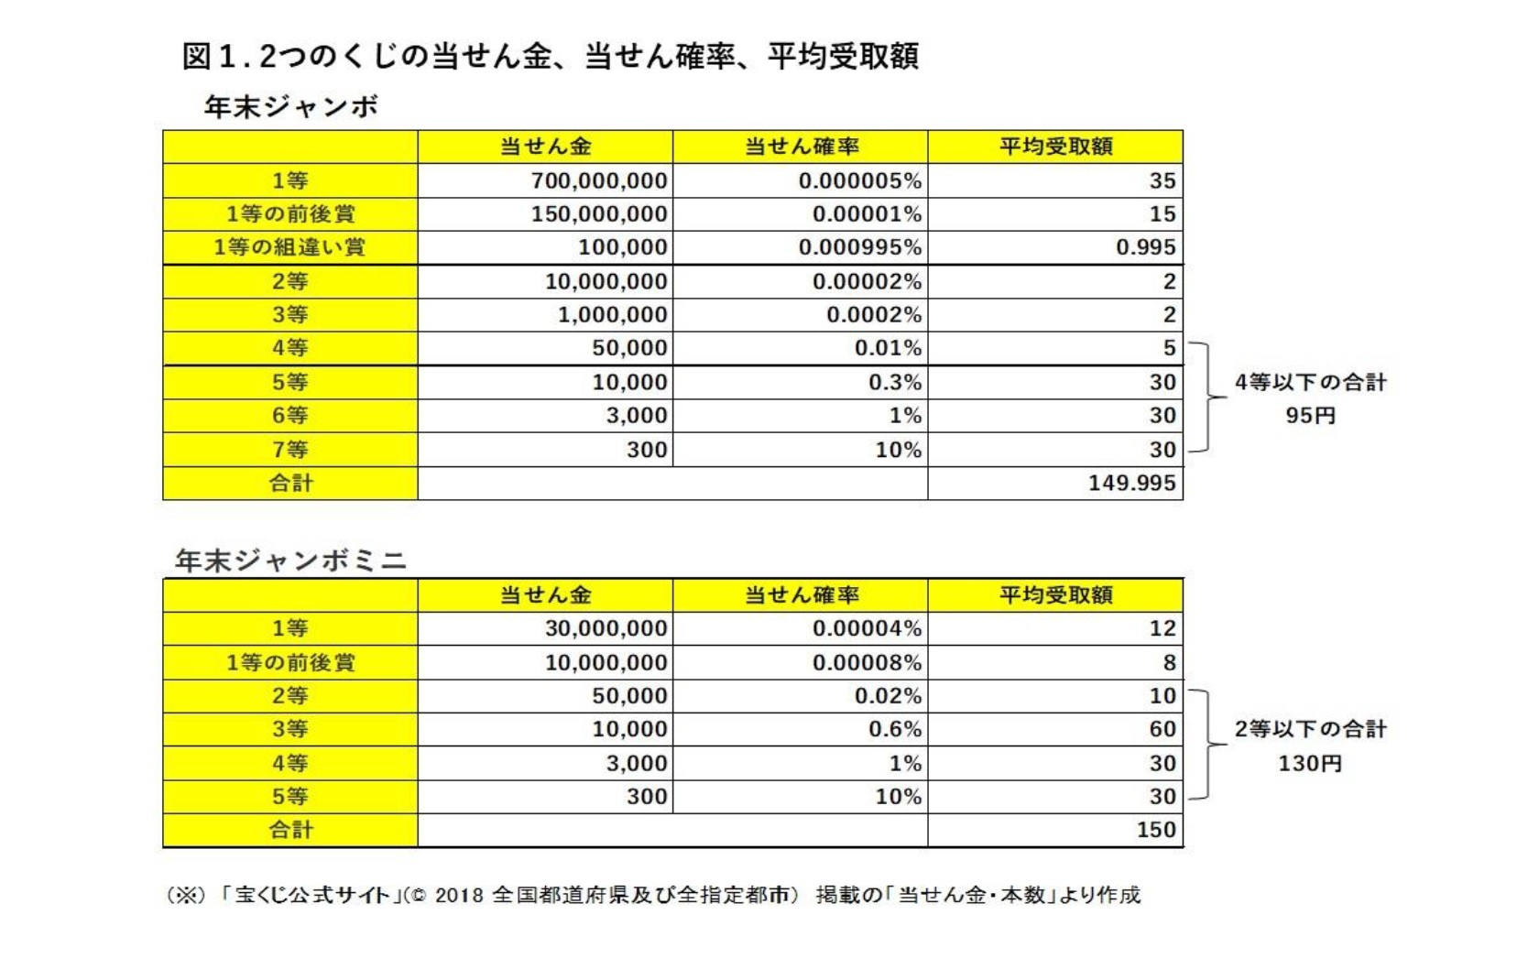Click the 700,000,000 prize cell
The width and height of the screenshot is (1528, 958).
point(599,180)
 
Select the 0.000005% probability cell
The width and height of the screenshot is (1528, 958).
point(859,180)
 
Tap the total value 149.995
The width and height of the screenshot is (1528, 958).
point(1131,483)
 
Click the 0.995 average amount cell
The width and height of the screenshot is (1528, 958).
point(1145,247)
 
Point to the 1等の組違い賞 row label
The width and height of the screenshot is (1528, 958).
point(289,247)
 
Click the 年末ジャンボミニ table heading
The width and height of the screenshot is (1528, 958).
point(290,561)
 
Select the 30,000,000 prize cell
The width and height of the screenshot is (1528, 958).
point(606,628)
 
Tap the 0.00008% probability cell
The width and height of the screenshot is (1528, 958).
point(867,662)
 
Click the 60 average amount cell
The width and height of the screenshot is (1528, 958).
point(1162,729)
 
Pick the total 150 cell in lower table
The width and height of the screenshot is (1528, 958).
point(1155,830)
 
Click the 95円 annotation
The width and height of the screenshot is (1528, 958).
point(1310,416)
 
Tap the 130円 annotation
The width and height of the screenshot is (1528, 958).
point(1310,763)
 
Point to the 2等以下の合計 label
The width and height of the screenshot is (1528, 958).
point(1310,729)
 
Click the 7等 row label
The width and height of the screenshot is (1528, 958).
point(289,450)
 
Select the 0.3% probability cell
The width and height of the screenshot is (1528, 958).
point(895,382)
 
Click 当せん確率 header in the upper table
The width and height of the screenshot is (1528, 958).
point(801,147)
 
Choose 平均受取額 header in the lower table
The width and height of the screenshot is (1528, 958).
point(1055,595)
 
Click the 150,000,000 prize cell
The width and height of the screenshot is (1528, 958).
point(599,214)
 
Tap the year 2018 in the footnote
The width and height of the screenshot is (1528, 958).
point(458,895)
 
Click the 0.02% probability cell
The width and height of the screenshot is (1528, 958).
point(888,696)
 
